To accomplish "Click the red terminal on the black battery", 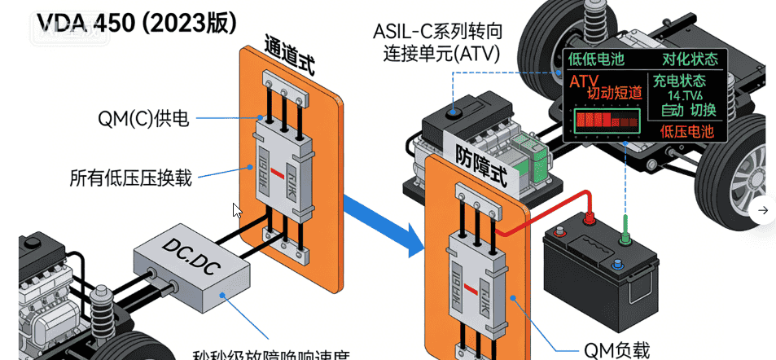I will point(586,217).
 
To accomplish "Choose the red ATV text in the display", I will point(584,81).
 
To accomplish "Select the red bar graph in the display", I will point(607,121).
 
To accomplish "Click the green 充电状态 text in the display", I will point(677,82).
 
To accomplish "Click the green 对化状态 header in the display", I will point(690,59).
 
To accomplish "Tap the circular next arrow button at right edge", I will point(762,210).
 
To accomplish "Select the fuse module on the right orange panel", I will point(478,277).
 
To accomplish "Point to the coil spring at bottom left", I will point(103,310).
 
